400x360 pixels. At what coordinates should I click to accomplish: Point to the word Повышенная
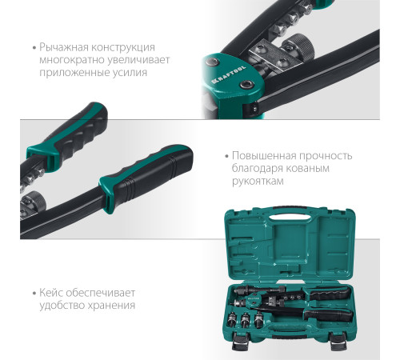[264, 156]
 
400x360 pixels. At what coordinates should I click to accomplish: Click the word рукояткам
[258, 182]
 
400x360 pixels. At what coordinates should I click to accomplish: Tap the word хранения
[111, 305]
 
